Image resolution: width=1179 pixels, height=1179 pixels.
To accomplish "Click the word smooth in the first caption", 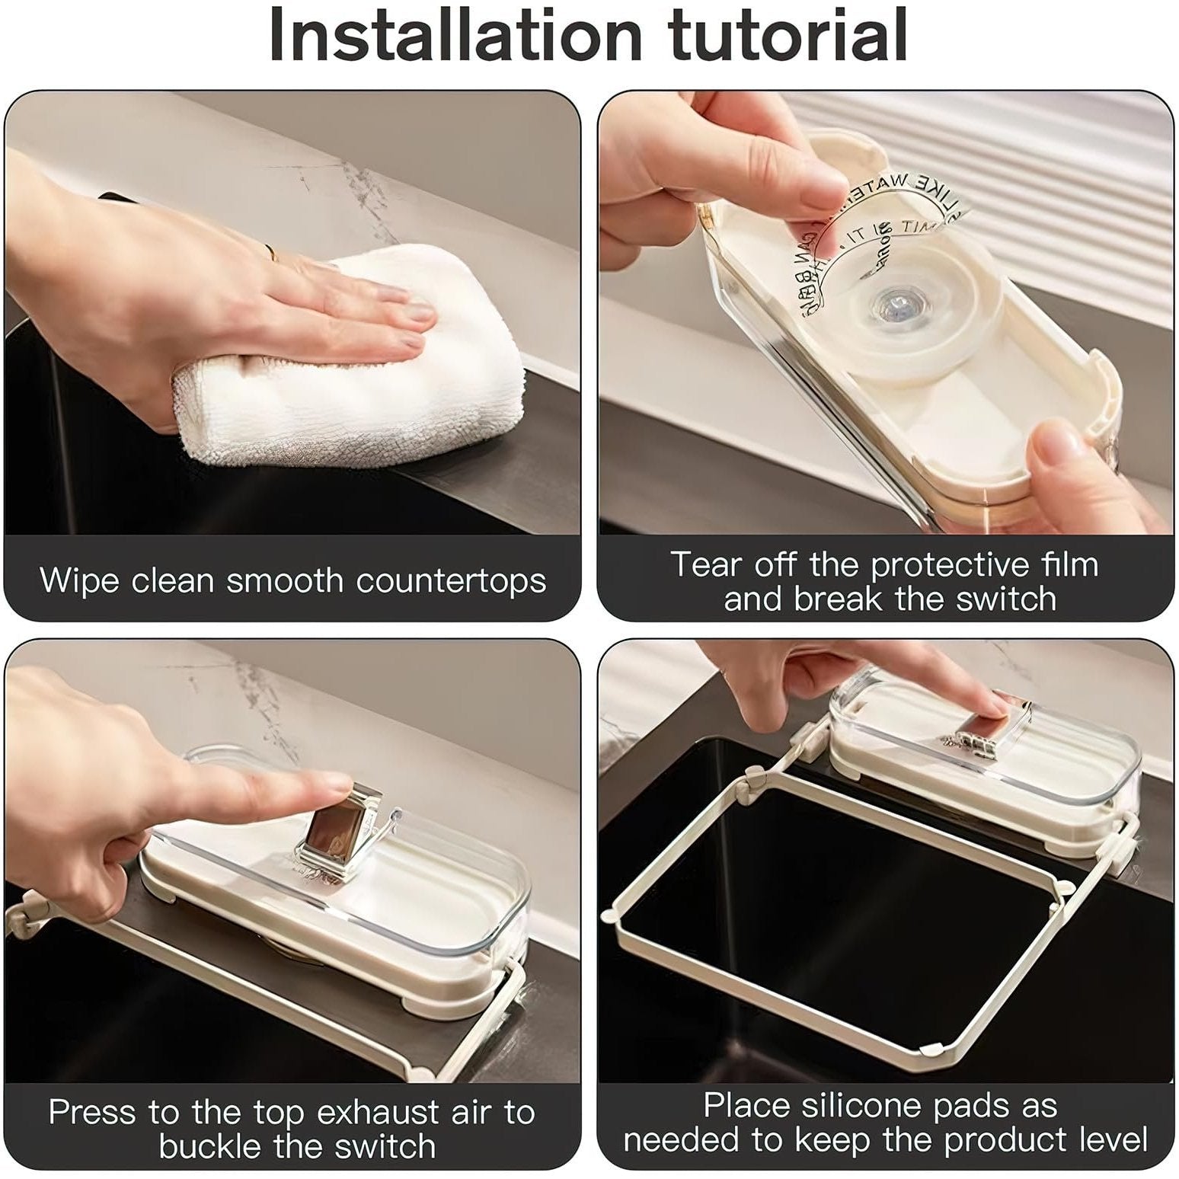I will coord(285,580).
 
